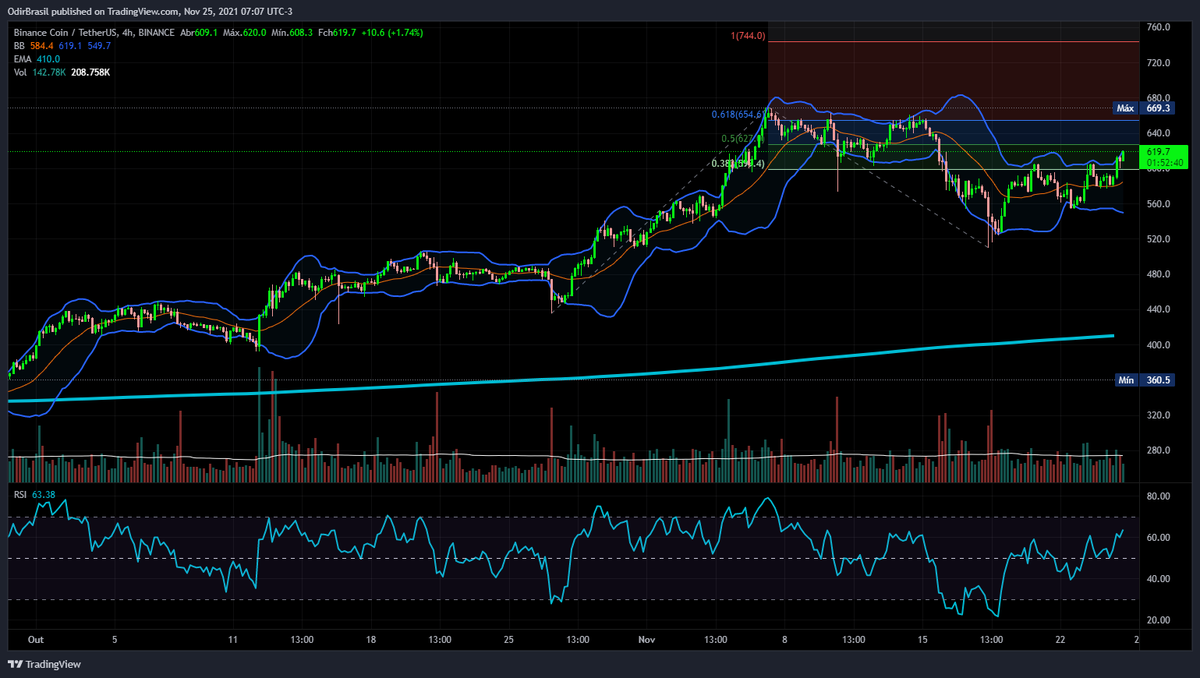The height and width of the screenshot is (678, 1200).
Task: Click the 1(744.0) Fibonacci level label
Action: [x=748, y=36]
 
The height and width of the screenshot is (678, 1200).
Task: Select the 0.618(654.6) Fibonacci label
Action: [x=739, y=114]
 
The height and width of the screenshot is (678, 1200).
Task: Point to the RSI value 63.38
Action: [x=44, y=493]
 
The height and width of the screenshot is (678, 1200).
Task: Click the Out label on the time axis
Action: [x=37, y=639]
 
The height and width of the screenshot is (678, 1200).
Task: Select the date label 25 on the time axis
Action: [x=508, y=639]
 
